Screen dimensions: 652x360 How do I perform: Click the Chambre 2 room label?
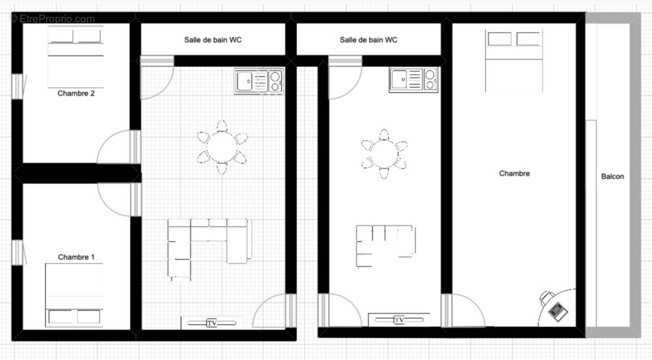(x=76, y=93)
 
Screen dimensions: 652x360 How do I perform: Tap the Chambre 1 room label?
(x=76, y=257)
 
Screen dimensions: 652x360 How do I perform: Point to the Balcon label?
(x=612, y=176)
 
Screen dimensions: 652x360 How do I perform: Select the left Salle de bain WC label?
(x=213, y=40)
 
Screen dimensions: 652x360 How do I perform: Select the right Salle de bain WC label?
(x=368, y=40)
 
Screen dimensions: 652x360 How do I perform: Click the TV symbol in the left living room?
(x=212, y=323)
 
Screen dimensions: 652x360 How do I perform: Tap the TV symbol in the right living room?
(x=399, y=320)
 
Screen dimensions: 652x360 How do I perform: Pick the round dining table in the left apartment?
(x=222, y=147)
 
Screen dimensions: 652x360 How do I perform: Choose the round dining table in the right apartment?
(x=384, y=154)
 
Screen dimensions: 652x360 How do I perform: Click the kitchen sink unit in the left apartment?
(x=259, y=81)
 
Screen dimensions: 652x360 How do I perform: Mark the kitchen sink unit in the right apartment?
(x=413, y=80)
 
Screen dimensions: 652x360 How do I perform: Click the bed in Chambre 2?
(x=76, y=56)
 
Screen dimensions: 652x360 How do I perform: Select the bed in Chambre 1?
(x=74, y=295)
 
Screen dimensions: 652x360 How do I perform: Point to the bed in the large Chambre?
(x=514, y=60)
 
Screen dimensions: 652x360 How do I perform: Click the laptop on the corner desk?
(x=557, y=312)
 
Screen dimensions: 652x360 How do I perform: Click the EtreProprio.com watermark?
(x=52, y=19)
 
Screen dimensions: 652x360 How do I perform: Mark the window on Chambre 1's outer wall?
(x=17, y=252)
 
